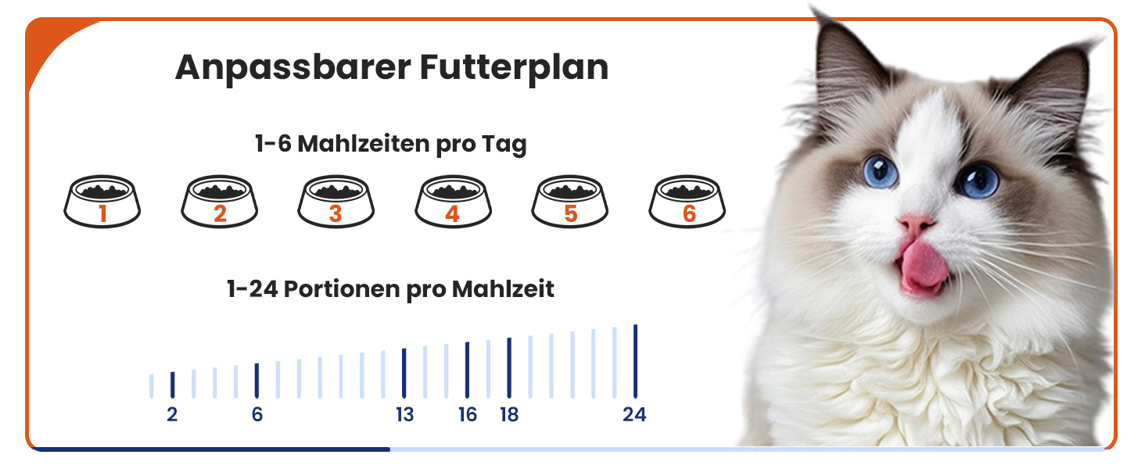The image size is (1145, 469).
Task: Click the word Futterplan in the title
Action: tap(514, 68)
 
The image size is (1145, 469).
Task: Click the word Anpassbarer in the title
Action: tap(293, 68)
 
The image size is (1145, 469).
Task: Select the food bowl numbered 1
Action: tap(102, 202)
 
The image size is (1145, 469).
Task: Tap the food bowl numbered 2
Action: tap(219, 202)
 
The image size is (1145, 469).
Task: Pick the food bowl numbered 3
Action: tap(336, 202)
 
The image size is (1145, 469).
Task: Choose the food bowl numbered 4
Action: tap(453, 202)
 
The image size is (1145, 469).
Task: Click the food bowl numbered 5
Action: tap(570, 202)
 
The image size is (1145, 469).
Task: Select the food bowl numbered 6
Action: tap(687, 202)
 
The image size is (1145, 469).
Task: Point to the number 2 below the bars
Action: tap(172, 414)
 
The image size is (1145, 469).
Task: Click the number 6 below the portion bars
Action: tap(257, 414)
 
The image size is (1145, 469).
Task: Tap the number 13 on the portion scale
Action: tap(405, 414)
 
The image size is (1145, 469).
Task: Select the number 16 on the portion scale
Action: tap(468, 414)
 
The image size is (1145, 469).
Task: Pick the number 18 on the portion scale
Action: tap(510, 414)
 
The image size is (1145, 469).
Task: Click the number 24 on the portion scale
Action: tap(634, 414)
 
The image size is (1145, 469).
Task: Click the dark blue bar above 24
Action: tap(635, 361)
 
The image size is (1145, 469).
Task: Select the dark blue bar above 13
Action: tap(404, 374)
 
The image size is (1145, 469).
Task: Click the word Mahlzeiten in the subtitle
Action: tap(364, 144)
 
